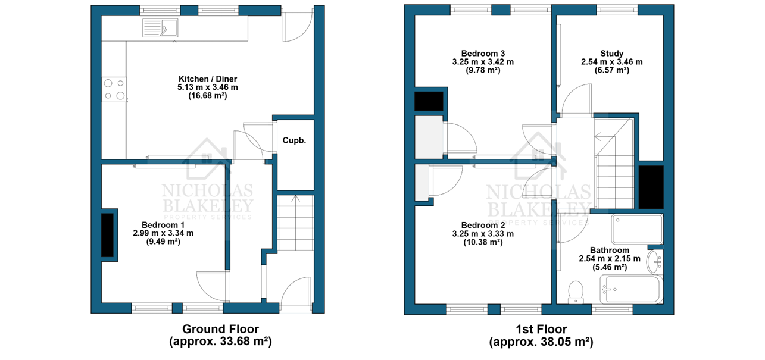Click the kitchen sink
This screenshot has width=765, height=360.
point(160,27)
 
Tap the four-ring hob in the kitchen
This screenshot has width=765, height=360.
point(114,89)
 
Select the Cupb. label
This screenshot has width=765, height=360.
point(294,140)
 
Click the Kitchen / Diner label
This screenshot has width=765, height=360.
point(208,79)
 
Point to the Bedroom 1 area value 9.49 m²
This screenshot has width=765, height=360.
point(163,242)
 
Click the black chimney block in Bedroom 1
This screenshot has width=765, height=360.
point(107,235)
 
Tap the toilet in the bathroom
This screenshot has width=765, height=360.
point(576,292)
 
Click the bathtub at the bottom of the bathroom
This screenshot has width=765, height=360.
point(632,289)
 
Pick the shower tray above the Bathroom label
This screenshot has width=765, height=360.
point(637,228)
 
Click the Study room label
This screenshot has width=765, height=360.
point(611,54)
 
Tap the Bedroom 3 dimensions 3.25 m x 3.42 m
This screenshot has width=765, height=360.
point(483,62)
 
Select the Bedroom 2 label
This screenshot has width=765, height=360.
point(483,225)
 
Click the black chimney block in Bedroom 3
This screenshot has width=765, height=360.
point(429,101)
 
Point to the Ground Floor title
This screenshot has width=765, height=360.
point(221,329)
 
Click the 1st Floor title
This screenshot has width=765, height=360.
point(541,329)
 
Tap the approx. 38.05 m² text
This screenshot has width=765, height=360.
point(541,342)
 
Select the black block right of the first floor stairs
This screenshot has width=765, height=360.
point(651,187)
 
